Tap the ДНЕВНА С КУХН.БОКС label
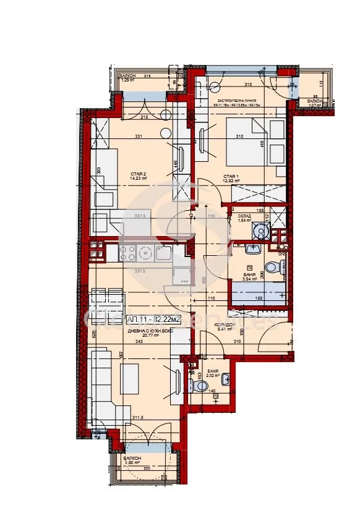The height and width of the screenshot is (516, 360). [x=148, y=331]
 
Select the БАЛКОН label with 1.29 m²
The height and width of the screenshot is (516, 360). [x=128, y=75]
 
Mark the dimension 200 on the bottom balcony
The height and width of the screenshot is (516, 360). [x=146, y=468]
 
